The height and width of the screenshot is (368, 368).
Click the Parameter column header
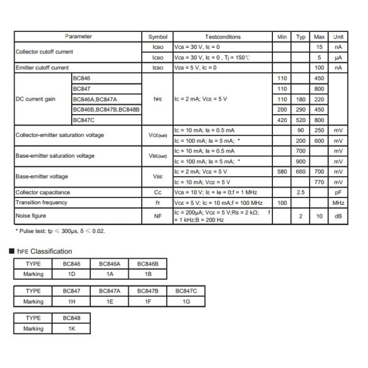[78, 37]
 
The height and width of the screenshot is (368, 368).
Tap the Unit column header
[338, 37]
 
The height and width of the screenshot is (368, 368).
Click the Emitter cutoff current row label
[42, 67]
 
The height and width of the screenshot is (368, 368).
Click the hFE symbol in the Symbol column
[153, 99]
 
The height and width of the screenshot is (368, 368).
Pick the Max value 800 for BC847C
[319, 120]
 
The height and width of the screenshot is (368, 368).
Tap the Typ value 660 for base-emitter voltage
[301, 172]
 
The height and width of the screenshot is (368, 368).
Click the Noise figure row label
[31, 215]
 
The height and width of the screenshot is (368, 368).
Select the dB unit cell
[338, 216]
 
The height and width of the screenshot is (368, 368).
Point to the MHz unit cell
[338, 202]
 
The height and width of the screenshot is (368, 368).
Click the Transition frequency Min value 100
[282, 202]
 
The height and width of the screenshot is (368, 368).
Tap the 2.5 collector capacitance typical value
[301, 193]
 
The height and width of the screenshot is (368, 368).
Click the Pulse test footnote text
[60, 231]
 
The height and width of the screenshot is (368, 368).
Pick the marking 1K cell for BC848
[71, 328]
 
